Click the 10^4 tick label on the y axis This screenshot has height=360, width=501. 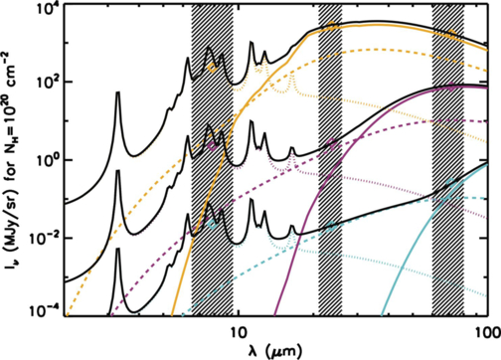click(46, 9)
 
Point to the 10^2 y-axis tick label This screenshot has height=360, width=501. click(46, 83)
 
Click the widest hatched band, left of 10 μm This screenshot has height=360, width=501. click(212, 159)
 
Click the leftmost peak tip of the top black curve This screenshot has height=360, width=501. click(117, 92)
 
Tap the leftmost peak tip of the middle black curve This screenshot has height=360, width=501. click(117, 171)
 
